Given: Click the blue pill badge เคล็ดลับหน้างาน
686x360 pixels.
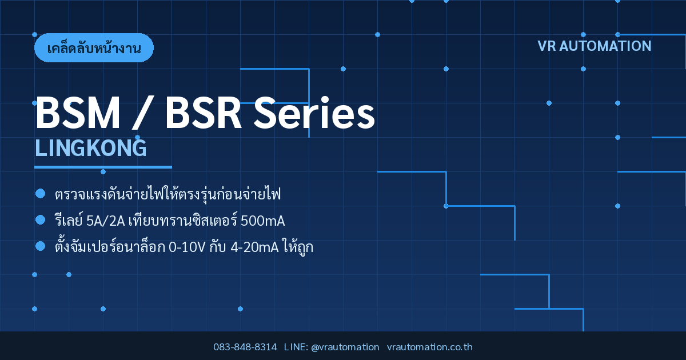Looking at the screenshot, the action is pos(94,48).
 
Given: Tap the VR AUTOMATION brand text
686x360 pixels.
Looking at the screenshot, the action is pos(594,46).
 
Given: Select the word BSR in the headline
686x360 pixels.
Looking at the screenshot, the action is pos(204,113).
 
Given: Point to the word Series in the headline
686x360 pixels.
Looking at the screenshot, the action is pos(314,112).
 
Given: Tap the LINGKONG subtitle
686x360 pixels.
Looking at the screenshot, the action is pos(91,148).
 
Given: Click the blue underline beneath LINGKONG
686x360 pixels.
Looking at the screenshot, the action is pos(103,167).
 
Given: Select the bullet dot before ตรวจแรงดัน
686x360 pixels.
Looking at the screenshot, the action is pos(40,194).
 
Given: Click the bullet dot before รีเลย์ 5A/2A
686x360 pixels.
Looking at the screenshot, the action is pos(40,220).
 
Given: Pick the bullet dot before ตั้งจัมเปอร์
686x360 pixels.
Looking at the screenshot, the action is pos(40,246).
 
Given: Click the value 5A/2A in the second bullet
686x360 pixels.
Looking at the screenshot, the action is pos(106,221).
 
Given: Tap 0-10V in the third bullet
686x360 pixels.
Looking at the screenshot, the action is pos(187,247).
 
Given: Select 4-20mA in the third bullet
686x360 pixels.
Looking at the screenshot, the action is pos(254,247).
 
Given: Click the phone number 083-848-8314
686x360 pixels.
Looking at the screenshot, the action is pos(245,347).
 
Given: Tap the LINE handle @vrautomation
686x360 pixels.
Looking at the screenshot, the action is pos(345,347).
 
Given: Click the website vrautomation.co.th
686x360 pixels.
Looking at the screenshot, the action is pos(430,347).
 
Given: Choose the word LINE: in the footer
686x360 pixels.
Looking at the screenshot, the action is pos(296,347).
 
